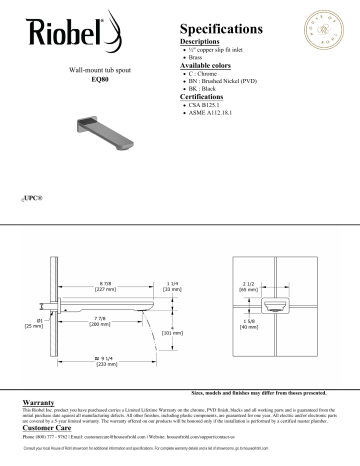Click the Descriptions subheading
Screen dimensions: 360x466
[206, 43]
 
